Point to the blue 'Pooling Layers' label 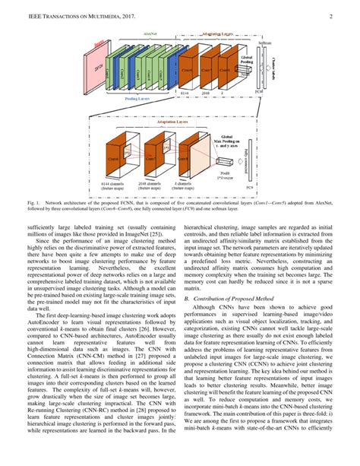click(131, 98)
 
